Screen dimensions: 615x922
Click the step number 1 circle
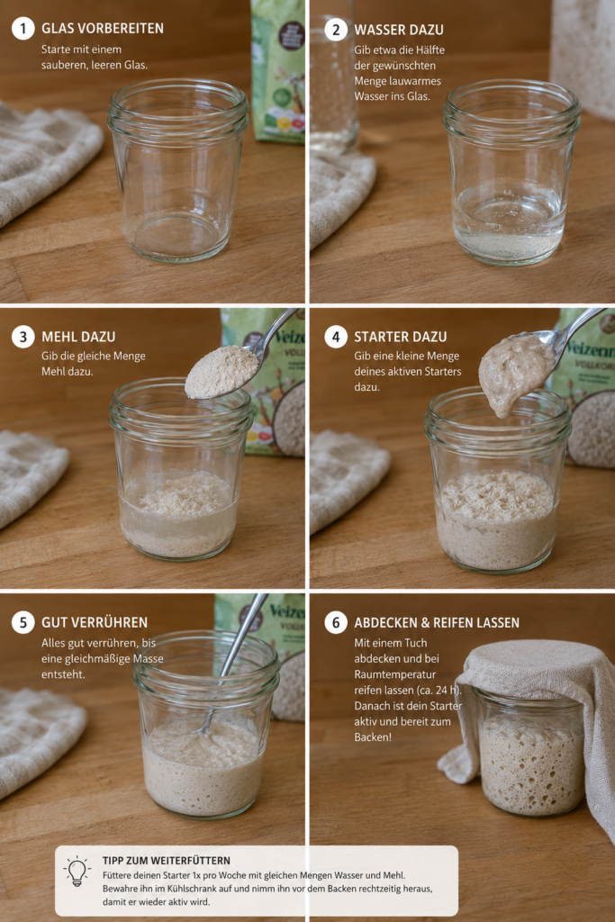(23, 28)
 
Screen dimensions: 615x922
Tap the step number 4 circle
(336, 337)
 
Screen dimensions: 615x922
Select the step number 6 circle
(336, 622)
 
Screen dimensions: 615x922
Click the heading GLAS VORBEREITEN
(103, 28)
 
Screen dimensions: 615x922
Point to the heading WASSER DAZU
(399, 30)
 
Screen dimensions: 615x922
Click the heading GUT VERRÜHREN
(94, 622)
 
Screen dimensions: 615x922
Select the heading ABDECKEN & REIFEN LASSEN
(436, 622)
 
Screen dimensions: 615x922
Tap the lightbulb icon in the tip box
(77, 872)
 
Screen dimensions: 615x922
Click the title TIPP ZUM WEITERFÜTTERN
(167, 860)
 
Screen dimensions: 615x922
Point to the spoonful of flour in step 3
(222, 371)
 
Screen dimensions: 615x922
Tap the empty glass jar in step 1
(178, 169)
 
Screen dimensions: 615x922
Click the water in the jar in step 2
(509, 226)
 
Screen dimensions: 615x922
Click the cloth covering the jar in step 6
(535, 706)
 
